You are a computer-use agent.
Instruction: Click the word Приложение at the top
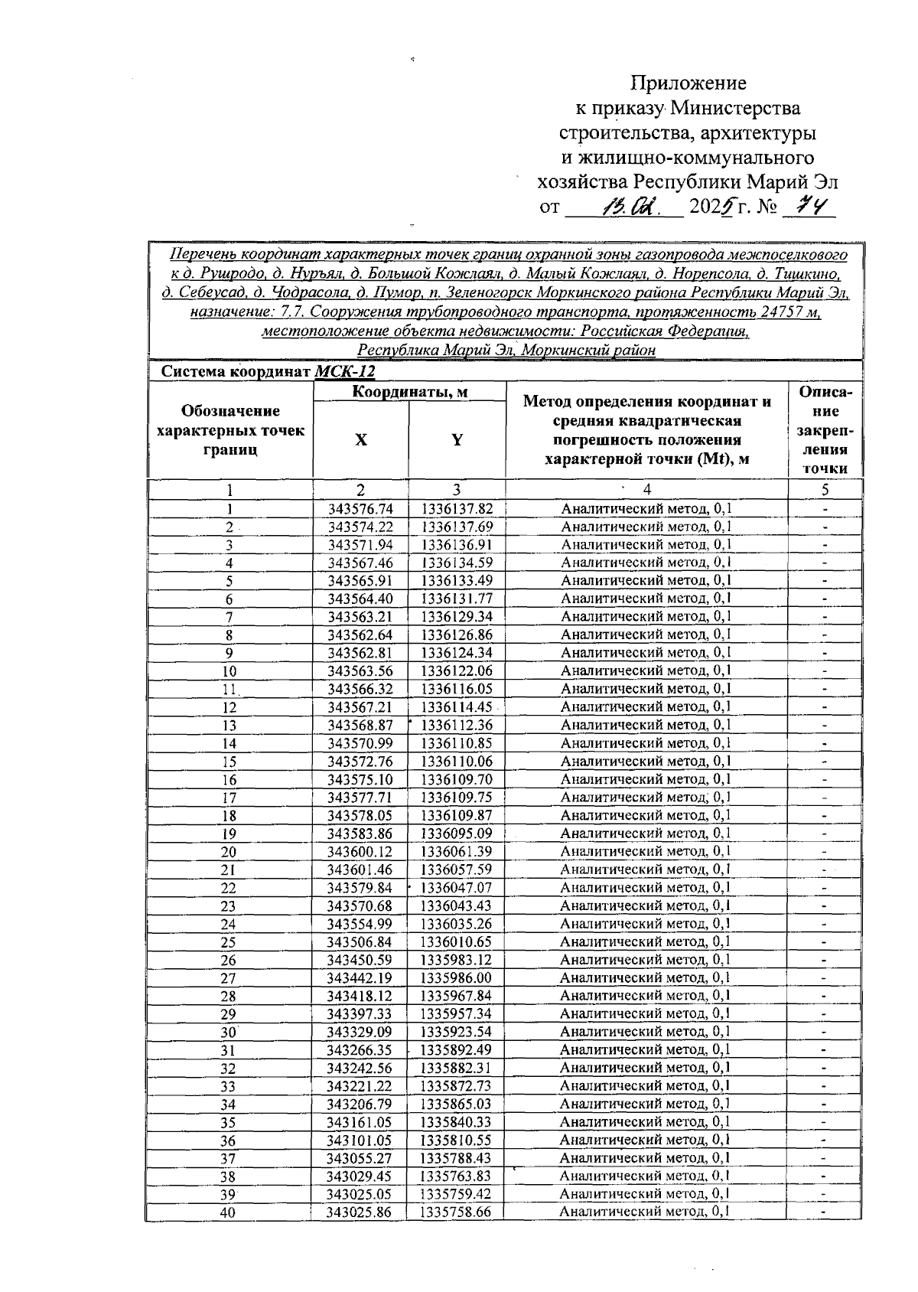688,83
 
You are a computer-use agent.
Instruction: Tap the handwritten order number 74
809,207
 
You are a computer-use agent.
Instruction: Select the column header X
360,440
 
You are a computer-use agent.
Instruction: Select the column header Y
457,440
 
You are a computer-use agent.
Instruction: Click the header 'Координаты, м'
409,392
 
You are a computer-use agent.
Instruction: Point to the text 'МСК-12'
345,372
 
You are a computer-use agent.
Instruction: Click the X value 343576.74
360,509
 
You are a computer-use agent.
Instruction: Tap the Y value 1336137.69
457,527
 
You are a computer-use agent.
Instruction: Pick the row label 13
229,726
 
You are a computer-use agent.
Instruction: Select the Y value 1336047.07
457,888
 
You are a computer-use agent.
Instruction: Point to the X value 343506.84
360,942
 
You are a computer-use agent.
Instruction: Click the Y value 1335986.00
457,978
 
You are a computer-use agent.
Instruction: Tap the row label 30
229,1033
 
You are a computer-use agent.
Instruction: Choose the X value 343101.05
360,1140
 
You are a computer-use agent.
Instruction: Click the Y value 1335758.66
457,1212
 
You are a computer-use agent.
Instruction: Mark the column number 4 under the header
647,490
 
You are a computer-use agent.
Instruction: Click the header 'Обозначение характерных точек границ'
230,431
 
